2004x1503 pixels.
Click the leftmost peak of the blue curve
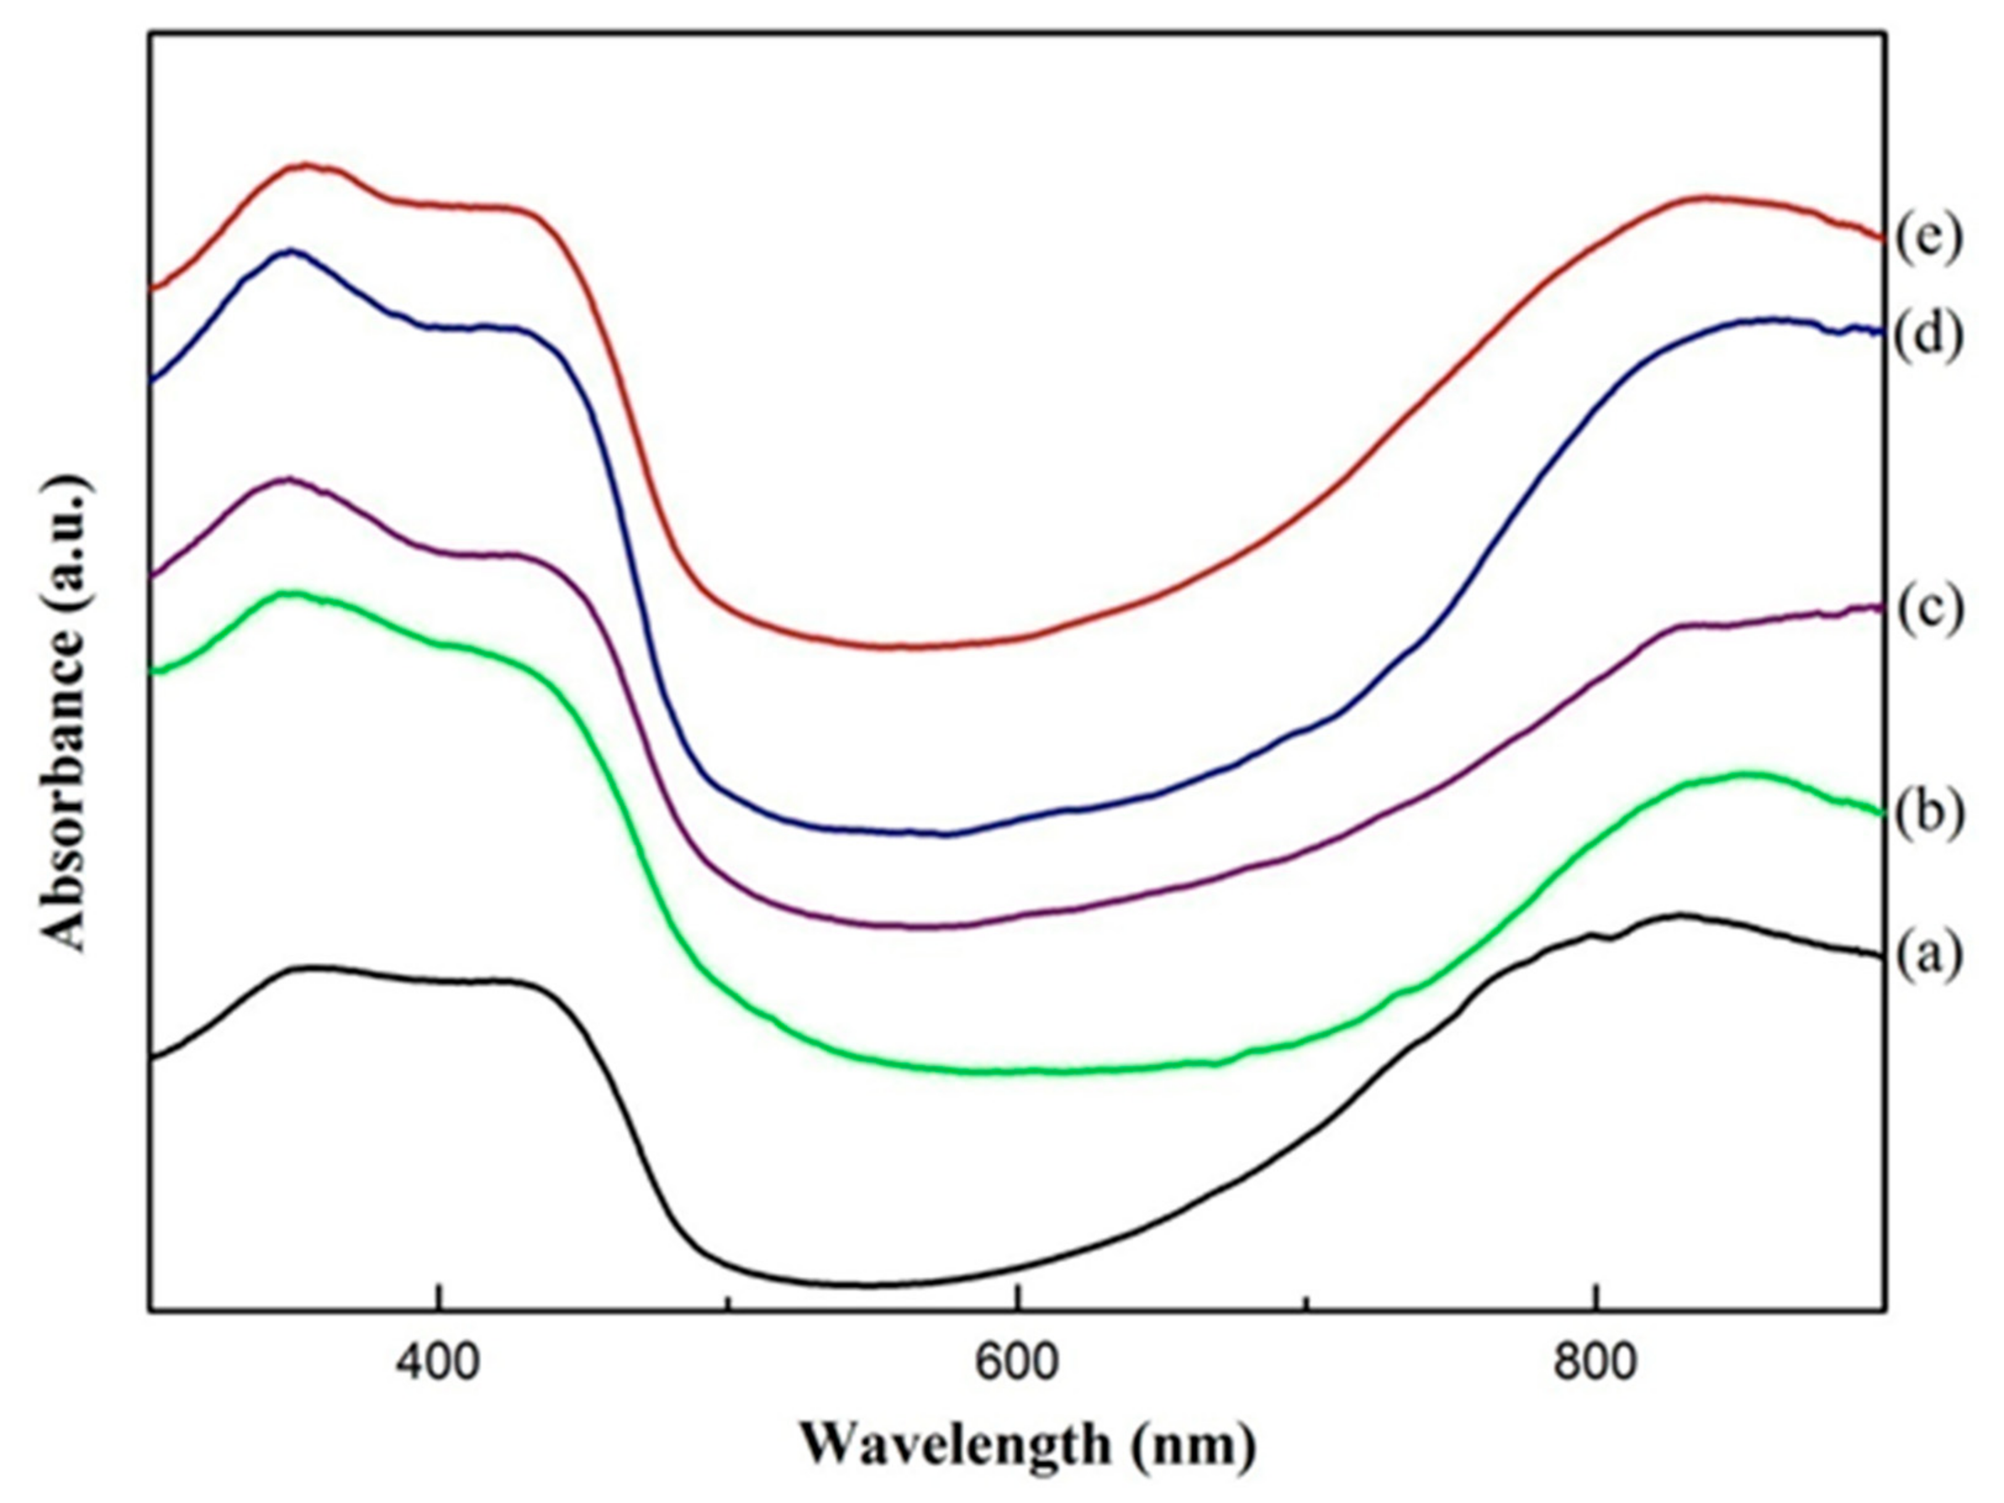[290, 251]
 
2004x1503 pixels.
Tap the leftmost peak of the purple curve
[288, 479]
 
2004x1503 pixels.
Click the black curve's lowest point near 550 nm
[865, 1285]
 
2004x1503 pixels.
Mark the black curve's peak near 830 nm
[1679, 916]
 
